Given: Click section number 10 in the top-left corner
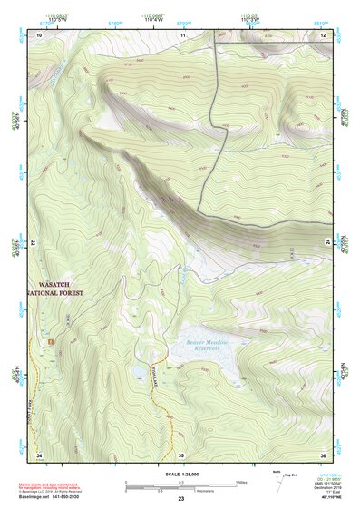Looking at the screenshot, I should click(x=39, y=34).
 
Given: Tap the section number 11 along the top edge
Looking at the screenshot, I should click(x=182, y=34).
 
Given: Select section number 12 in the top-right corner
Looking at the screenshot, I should click(x=322, y=34).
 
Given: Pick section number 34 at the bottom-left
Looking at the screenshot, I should click(x=39, y=454).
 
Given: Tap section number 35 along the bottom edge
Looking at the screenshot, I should click(x=180, y=454).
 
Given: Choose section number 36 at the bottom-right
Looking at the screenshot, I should click(x=322, y=454).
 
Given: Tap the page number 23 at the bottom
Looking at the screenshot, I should click(x=180, y=500).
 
